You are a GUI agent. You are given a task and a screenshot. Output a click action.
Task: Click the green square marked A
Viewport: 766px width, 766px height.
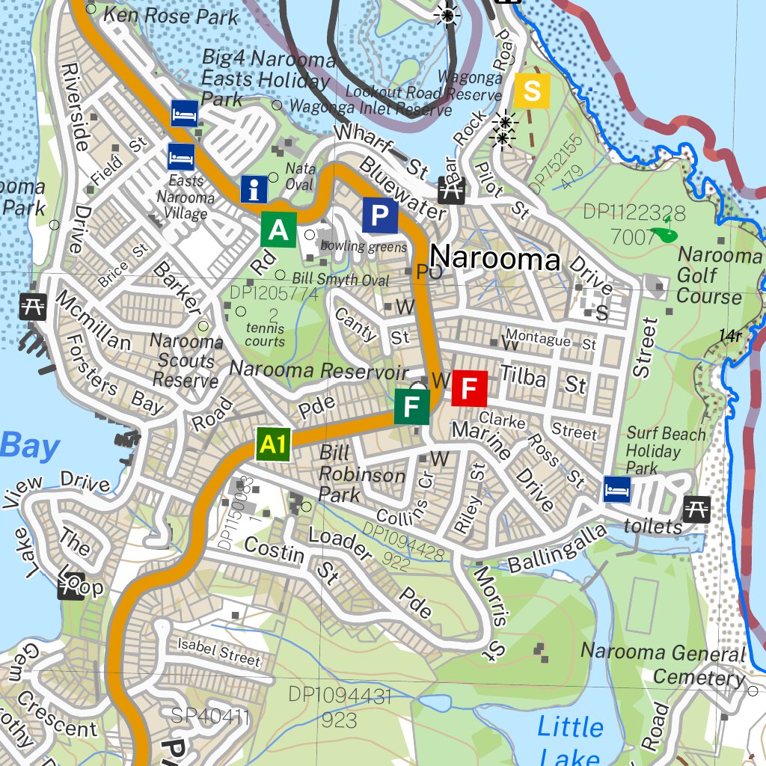point(278,229)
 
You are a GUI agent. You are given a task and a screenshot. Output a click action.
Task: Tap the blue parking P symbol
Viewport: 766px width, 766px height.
point(380,216)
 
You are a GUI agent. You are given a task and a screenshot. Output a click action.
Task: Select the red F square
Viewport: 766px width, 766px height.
point(469,388)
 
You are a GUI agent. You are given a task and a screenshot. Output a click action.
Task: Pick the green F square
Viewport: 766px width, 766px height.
point(411,407)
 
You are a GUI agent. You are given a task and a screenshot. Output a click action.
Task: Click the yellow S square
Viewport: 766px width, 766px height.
point(532,91)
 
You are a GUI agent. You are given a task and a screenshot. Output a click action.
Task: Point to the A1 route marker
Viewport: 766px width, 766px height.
point(272,445)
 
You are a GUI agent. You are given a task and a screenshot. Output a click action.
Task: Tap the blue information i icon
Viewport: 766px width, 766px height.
point(254,190)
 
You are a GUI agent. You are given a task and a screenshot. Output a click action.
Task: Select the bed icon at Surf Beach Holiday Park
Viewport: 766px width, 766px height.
point(617,489)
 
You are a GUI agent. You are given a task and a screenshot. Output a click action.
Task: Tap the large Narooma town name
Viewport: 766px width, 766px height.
point(495,259)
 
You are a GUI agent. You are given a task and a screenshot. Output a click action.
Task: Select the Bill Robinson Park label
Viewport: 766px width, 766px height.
point(362,474)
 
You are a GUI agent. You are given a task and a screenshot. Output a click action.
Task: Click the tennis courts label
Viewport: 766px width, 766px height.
point(265,334)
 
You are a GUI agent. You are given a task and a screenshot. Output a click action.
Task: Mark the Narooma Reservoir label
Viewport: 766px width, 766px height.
point(319,370)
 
